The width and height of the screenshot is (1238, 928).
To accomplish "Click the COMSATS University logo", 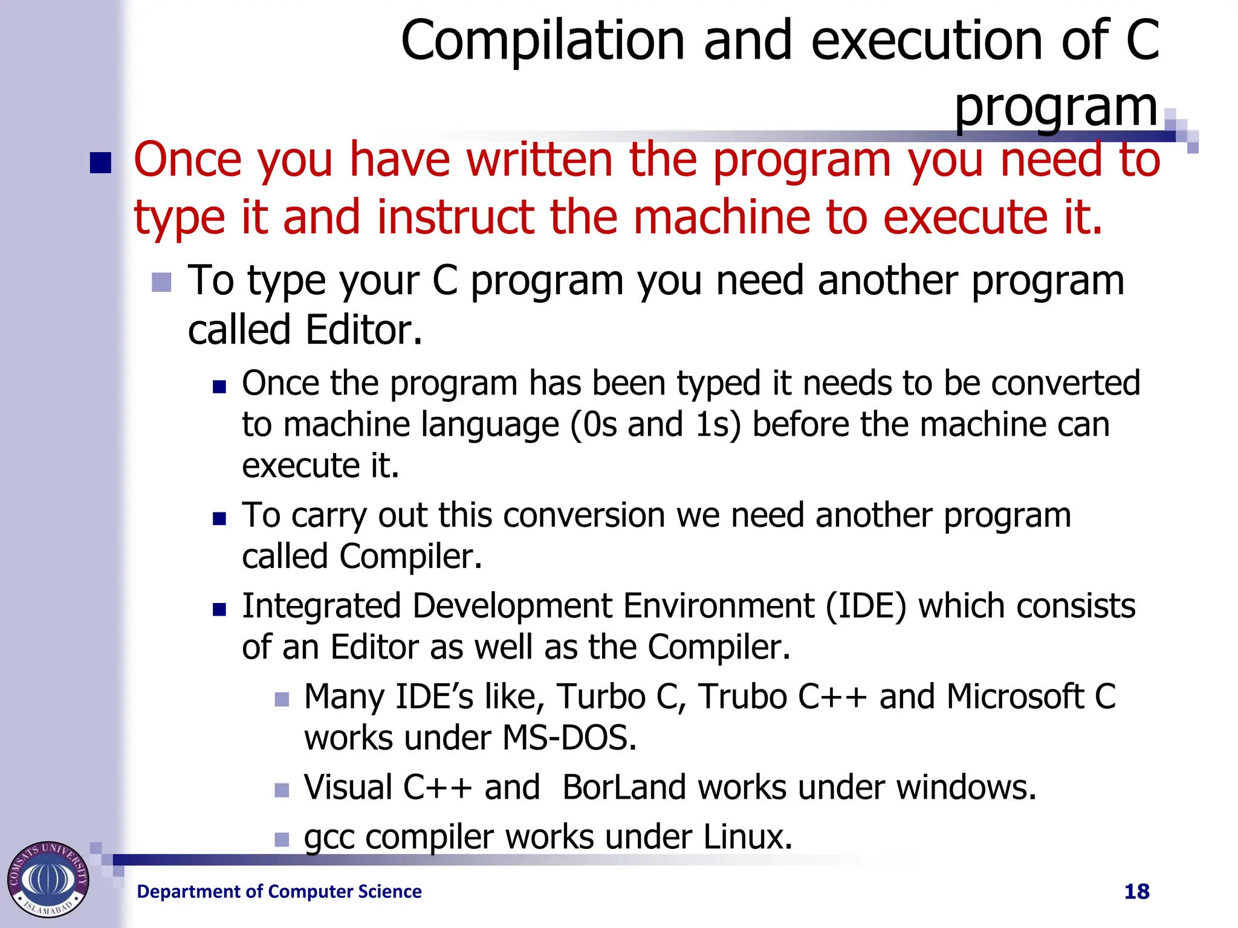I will pos(48,879).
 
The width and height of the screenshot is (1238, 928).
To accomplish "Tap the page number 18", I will pos(1136,891).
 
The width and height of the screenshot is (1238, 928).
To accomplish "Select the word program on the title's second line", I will pos(1055,108).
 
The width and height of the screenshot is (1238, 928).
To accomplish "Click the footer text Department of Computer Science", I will pos(279,891).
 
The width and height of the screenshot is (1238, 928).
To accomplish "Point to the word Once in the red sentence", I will pos(187,159).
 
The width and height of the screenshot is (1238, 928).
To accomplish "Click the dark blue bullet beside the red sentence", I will pos(100,163).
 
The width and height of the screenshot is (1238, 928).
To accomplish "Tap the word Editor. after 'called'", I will pos(363,330).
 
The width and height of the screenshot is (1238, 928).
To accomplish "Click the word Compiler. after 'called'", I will pos(410,556).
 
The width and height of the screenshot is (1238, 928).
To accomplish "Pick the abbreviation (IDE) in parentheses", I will pos(866,606).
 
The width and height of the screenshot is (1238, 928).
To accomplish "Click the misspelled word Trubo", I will pos(741,697).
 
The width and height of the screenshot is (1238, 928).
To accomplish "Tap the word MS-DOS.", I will pos(569,738).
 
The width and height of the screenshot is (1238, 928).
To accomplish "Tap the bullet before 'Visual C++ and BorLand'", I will pos(282,790).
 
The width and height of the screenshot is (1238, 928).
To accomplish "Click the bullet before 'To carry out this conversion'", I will pos(219,518).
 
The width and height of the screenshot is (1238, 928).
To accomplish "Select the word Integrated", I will pos(321,606).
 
